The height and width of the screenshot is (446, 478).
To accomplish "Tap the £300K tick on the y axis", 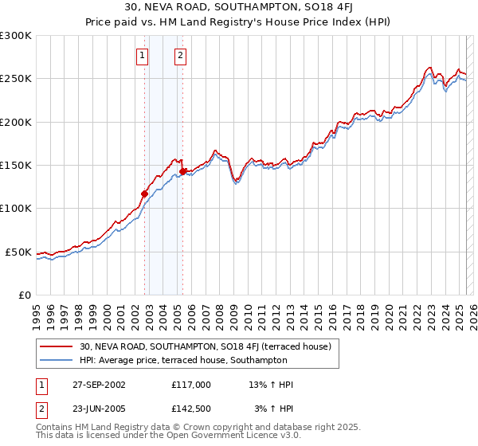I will tap(16, 36).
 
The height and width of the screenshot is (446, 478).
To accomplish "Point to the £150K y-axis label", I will tap(16, 166).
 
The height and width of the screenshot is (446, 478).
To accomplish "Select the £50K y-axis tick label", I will tap(18, 252).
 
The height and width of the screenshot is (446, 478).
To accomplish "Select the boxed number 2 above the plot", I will tap(181, 55).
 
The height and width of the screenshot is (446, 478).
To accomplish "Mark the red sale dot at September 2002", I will tap(145, 194).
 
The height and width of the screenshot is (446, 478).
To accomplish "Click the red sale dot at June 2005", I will tap(183, 171).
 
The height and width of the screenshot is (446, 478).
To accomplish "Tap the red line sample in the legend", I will tap(57, 346).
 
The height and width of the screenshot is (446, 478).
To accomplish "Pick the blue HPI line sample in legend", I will tap(57, 360).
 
